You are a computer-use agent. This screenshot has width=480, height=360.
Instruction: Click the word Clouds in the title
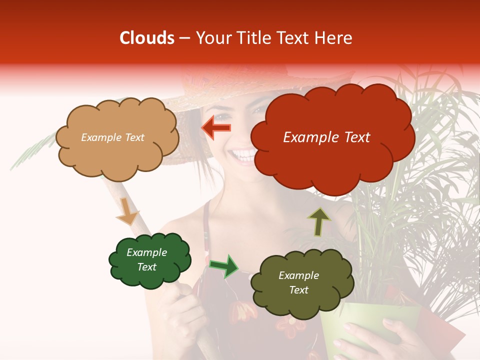click(147, 38)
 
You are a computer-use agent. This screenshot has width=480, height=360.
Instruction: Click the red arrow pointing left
click(216, 128)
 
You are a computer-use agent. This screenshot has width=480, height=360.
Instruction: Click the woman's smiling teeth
click(243, 155)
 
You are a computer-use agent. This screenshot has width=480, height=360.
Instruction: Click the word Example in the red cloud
click(308, 137)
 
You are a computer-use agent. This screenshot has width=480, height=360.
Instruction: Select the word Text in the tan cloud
click(134, 137)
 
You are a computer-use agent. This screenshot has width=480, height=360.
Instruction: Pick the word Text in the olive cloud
click(298, 290)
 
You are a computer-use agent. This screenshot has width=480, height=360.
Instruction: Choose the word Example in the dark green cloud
click(146, 252)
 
